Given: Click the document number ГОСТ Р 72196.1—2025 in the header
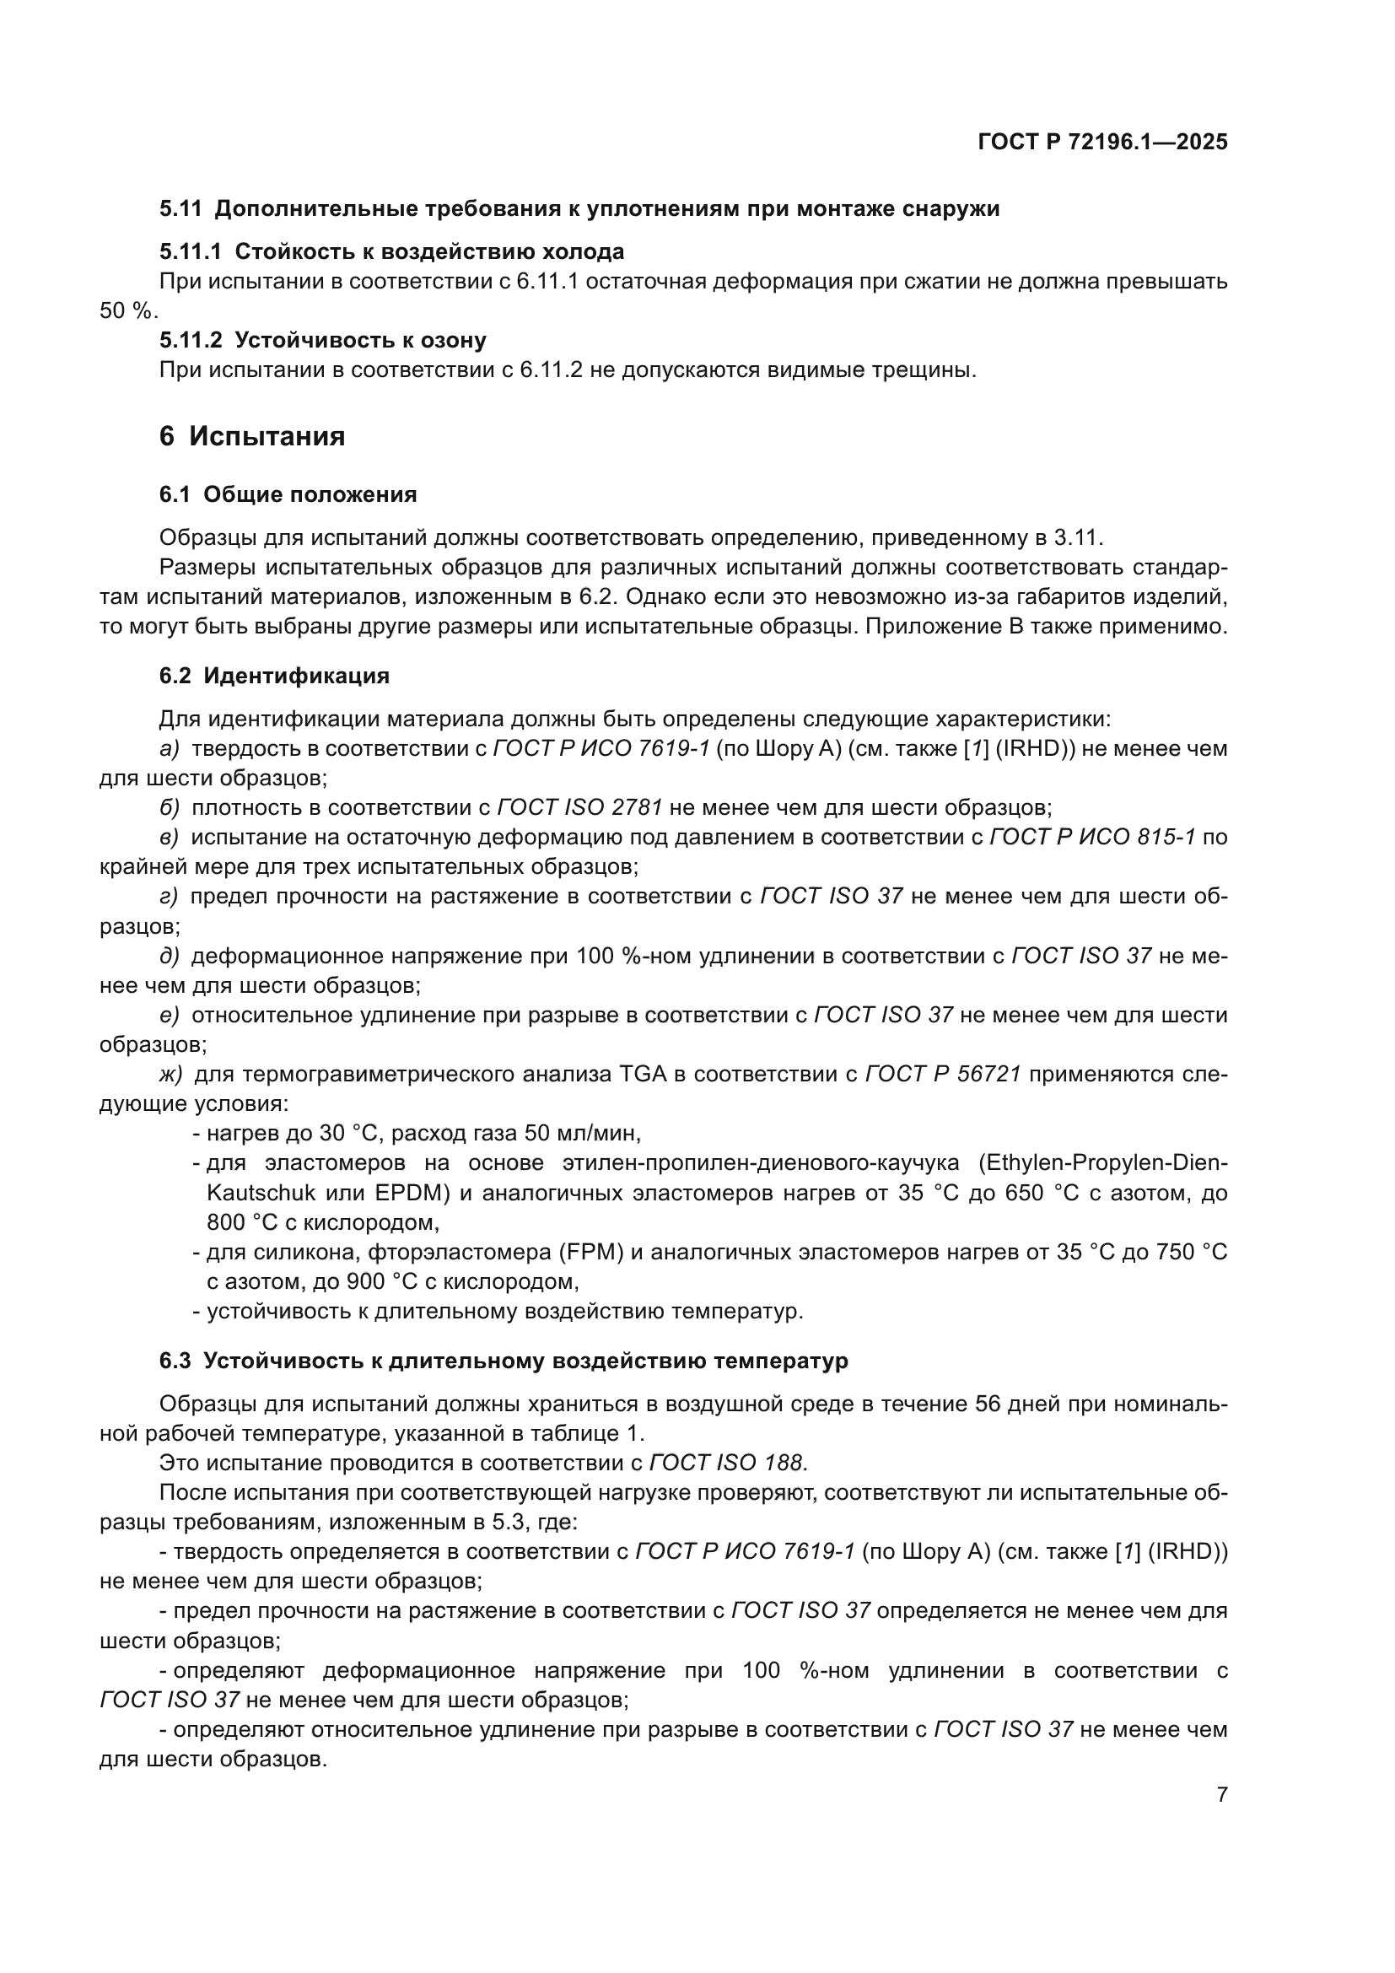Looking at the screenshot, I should (x=1102, y=143).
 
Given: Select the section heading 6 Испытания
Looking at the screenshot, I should (x=251, y=437).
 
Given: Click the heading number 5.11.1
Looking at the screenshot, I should (x=190, y=251).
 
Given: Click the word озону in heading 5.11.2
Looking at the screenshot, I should (x=453, y=340).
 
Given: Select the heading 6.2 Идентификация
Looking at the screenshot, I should (x=274, y=676).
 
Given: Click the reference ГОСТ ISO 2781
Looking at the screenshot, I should (x=579, y=808).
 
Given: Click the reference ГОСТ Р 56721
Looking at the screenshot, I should (x=942, y=1074).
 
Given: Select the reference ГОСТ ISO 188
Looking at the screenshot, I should (x=726, y=1463).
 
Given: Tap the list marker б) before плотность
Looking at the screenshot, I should (x=170, y=808).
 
